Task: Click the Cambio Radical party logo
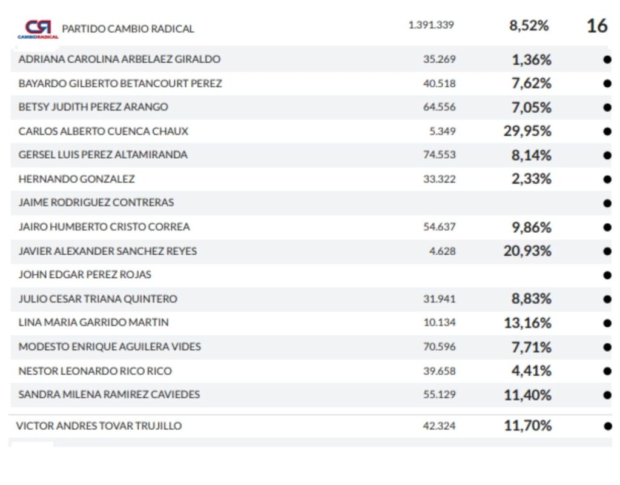click(39, 28)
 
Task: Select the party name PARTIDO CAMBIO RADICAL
click(128, 28)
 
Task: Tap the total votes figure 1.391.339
click(431, 25)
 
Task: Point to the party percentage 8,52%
click(529, 25)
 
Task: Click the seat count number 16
click(596, 25)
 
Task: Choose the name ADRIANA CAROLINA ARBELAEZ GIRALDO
click(119, 59)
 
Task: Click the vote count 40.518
click(440, 84)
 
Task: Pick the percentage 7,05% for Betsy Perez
click(531, 108)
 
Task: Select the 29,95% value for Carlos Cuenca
click(527, 132)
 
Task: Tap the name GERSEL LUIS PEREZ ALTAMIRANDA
click(103, 155)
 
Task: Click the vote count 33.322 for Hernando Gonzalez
click(440, 179)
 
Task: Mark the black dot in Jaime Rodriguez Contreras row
click(607, 203)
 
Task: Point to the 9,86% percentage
click(531, 227)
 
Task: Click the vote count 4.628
click(443, 251)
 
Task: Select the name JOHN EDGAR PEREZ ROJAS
click(85, 275)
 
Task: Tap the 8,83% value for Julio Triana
click(531, 299)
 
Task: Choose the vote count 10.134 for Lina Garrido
click(440, 323)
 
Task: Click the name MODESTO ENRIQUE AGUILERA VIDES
click(110, 347)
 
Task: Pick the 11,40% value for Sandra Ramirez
click(527, 395)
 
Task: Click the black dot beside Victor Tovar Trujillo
click(607, 426)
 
